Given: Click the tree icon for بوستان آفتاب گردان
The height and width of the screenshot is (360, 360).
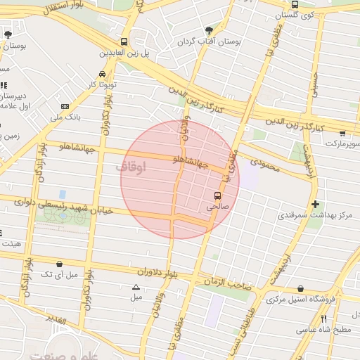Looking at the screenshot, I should click(x=209, y=30).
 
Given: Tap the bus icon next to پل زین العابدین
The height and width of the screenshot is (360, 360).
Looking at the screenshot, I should click(x=124, y=41).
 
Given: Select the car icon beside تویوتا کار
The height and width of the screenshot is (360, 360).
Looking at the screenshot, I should click(x=103, y=74).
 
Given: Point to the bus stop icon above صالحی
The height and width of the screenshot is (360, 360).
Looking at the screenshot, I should click(x=217, y=195).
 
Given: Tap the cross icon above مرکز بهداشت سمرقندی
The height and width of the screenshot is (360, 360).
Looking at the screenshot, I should click(x=315, y=203).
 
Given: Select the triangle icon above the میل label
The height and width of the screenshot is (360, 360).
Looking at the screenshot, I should click(x=136, y=286).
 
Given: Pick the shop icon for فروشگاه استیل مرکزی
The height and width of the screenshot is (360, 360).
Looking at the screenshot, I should click(x=301, y=288).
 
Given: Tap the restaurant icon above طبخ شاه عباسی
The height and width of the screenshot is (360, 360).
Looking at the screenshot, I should click(x=323, y=318).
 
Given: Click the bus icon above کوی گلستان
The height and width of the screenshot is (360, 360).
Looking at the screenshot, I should click(x=295, y=4).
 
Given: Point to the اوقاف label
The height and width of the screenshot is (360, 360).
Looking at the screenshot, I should click(x=130, y=168).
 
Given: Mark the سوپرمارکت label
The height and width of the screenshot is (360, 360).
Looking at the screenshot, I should click(x=342, y=143).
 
